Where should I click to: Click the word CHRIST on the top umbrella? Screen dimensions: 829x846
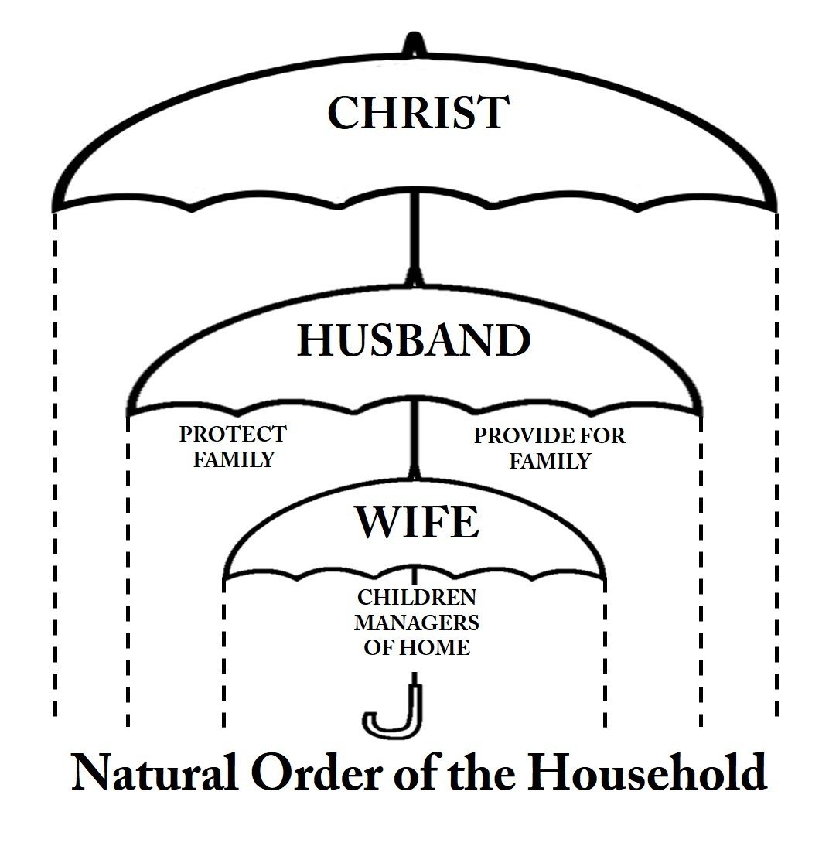click(x=418, y=112)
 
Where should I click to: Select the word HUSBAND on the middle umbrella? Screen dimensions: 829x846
click(x=414, y=340)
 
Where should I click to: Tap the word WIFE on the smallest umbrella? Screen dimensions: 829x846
click(x=417, y=522)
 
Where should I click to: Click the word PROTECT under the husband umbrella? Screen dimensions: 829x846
click(x=233, y=434)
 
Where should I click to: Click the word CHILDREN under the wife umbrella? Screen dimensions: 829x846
click(x=417, y=597)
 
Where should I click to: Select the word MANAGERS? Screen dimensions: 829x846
click(x=417, y=622)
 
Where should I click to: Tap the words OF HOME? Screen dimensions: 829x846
click(x=417, y=647)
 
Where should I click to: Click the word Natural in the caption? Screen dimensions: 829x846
click(x=155, y=772)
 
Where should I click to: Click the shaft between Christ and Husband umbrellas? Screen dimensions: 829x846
click(x=414, y=237)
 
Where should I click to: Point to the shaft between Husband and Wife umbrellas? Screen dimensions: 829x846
click(x=414, y=438)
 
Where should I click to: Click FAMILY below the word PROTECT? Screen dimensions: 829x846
click(x=234, y=459)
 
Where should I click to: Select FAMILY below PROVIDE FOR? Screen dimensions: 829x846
click(x=550, y=461)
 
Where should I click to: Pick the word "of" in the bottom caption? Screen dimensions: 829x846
click(x=416, y=772)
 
